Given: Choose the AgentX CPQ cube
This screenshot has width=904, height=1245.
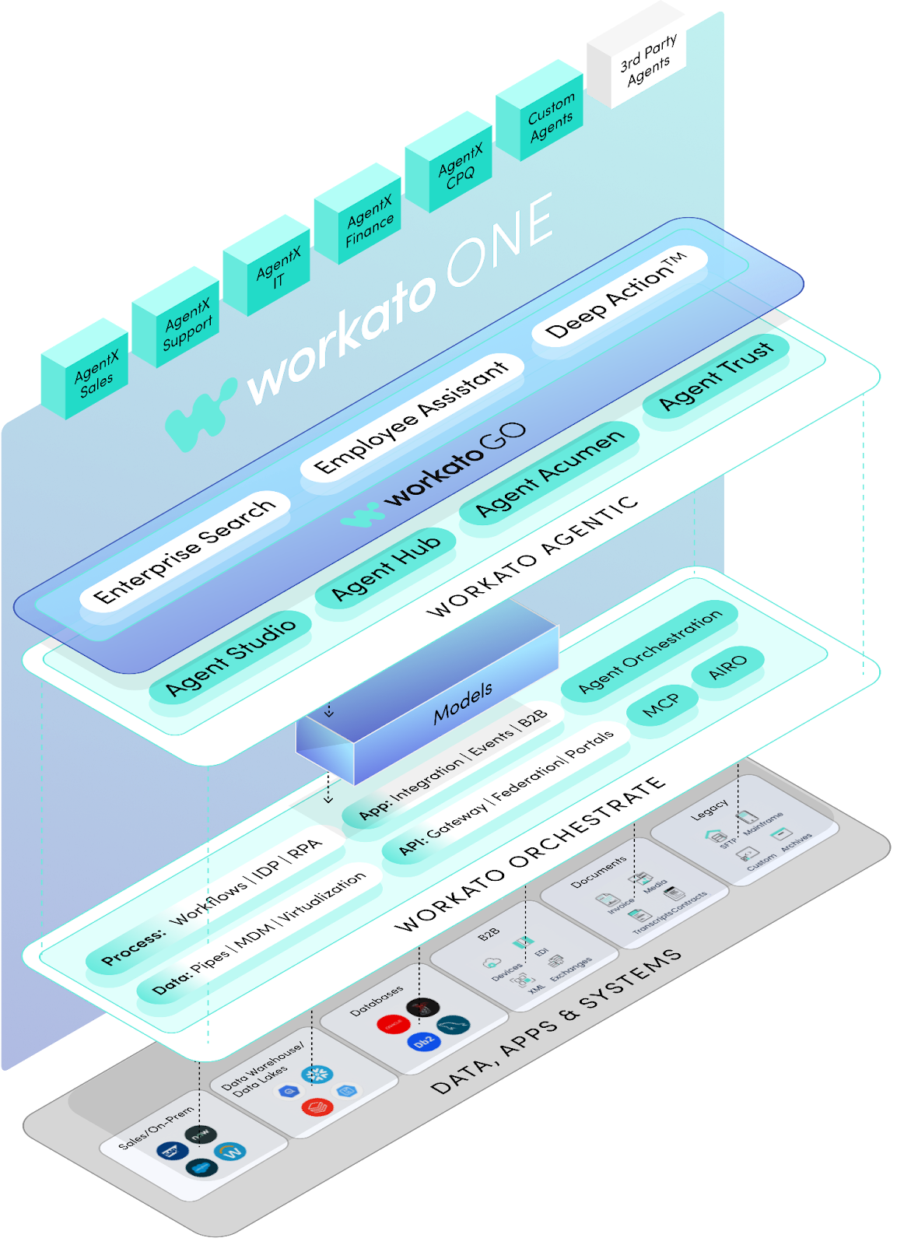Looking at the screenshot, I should (x=460, y=167).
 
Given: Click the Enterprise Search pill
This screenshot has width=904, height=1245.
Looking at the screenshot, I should (x=185, y=551).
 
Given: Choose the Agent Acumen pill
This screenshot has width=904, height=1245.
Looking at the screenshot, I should (x=550, y=472).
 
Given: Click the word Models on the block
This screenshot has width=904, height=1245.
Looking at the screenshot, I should (x=463, y=702).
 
